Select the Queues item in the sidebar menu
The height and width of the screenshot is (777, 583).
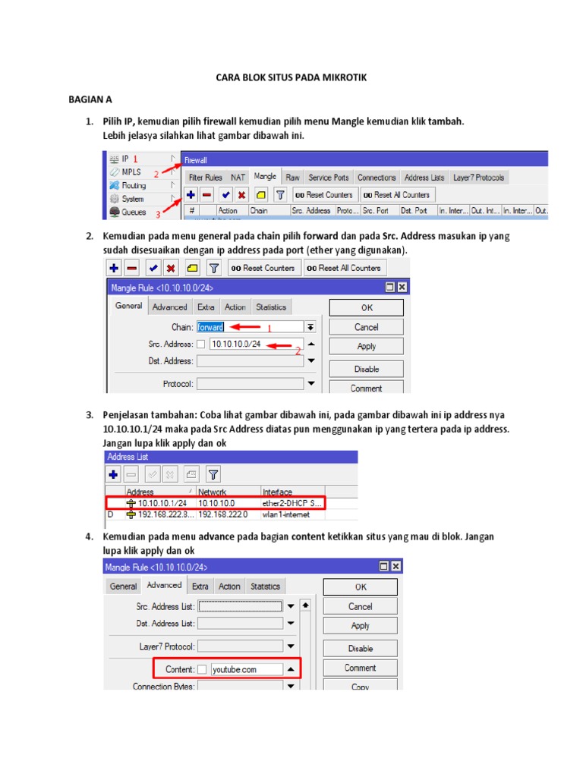point(133,212)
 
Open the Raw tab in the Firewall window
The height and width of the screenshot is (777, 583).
point(292,177)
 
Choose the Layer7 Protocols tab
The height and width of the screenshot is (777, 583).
point(478,178)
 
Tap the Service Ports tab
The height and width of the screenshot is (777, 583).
point(328,178)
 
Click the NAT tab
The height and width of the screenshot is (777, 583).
point(239,178)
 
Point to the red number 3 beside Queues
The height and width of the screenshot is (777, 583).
point(159,214)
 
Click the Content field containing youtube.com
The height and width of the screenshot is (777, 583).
point(246,669)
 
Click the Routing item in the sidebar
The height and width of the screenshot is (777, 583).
point(134,185)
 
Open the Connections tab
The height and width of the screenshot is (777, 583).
point(377,178)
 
